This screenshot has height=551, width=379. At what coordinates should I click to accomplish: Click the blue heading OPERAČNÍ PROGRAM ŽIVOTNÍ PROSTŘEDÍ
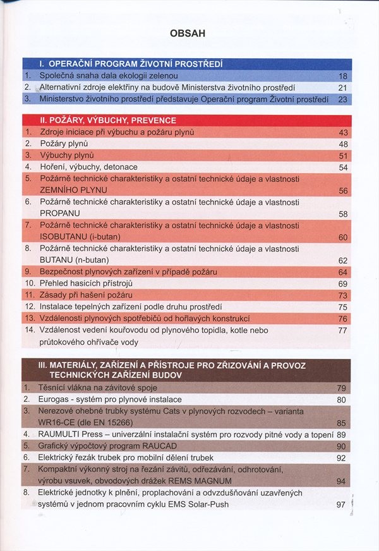click(130, 64)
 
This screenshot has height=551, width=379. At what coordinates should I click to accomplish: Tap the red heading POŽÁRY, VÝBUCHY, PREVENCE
click(107, 120)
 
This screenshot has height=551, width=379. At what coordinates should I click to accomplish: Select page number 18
click(343, 76)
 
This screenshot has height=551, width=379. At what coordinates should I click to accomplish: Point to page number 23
click(343, 99)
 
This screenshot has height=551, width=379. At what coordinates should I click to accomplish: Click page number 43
click(343, 132)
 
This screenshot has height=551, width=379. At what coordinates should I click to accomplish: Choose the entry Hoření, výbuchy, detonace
click(88, 167)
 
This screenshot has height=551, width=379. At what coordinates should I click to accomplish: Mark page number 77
click(343, 330)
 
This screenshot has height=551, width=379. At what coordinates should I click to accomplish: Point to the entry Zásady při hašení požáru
click(86, 295)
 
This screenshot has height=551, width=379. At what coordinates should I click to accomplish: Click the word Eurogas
click(56, 399)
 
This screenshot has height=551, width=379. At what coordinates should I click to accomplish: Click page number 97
click(341, 504)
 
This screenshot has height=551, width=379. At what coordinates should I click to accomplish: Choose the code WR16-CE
click(57, 422)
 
